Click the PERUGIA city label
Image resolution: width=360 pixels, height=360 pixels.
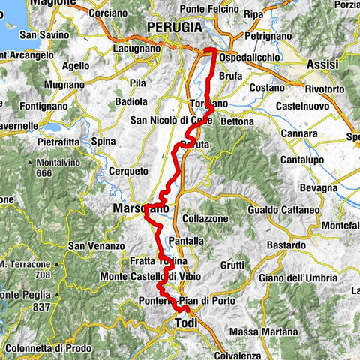pos(175,26)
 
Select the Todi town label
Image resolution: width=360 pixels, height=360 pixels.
pos(185,322)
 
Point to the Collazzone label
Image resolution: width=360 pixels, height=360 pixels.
pos(204,217)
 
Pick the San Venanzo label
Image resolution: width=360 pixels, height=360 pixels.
pos(96,245)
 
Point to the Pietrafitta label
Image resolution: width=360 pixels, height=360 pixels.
pos(68,139)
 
